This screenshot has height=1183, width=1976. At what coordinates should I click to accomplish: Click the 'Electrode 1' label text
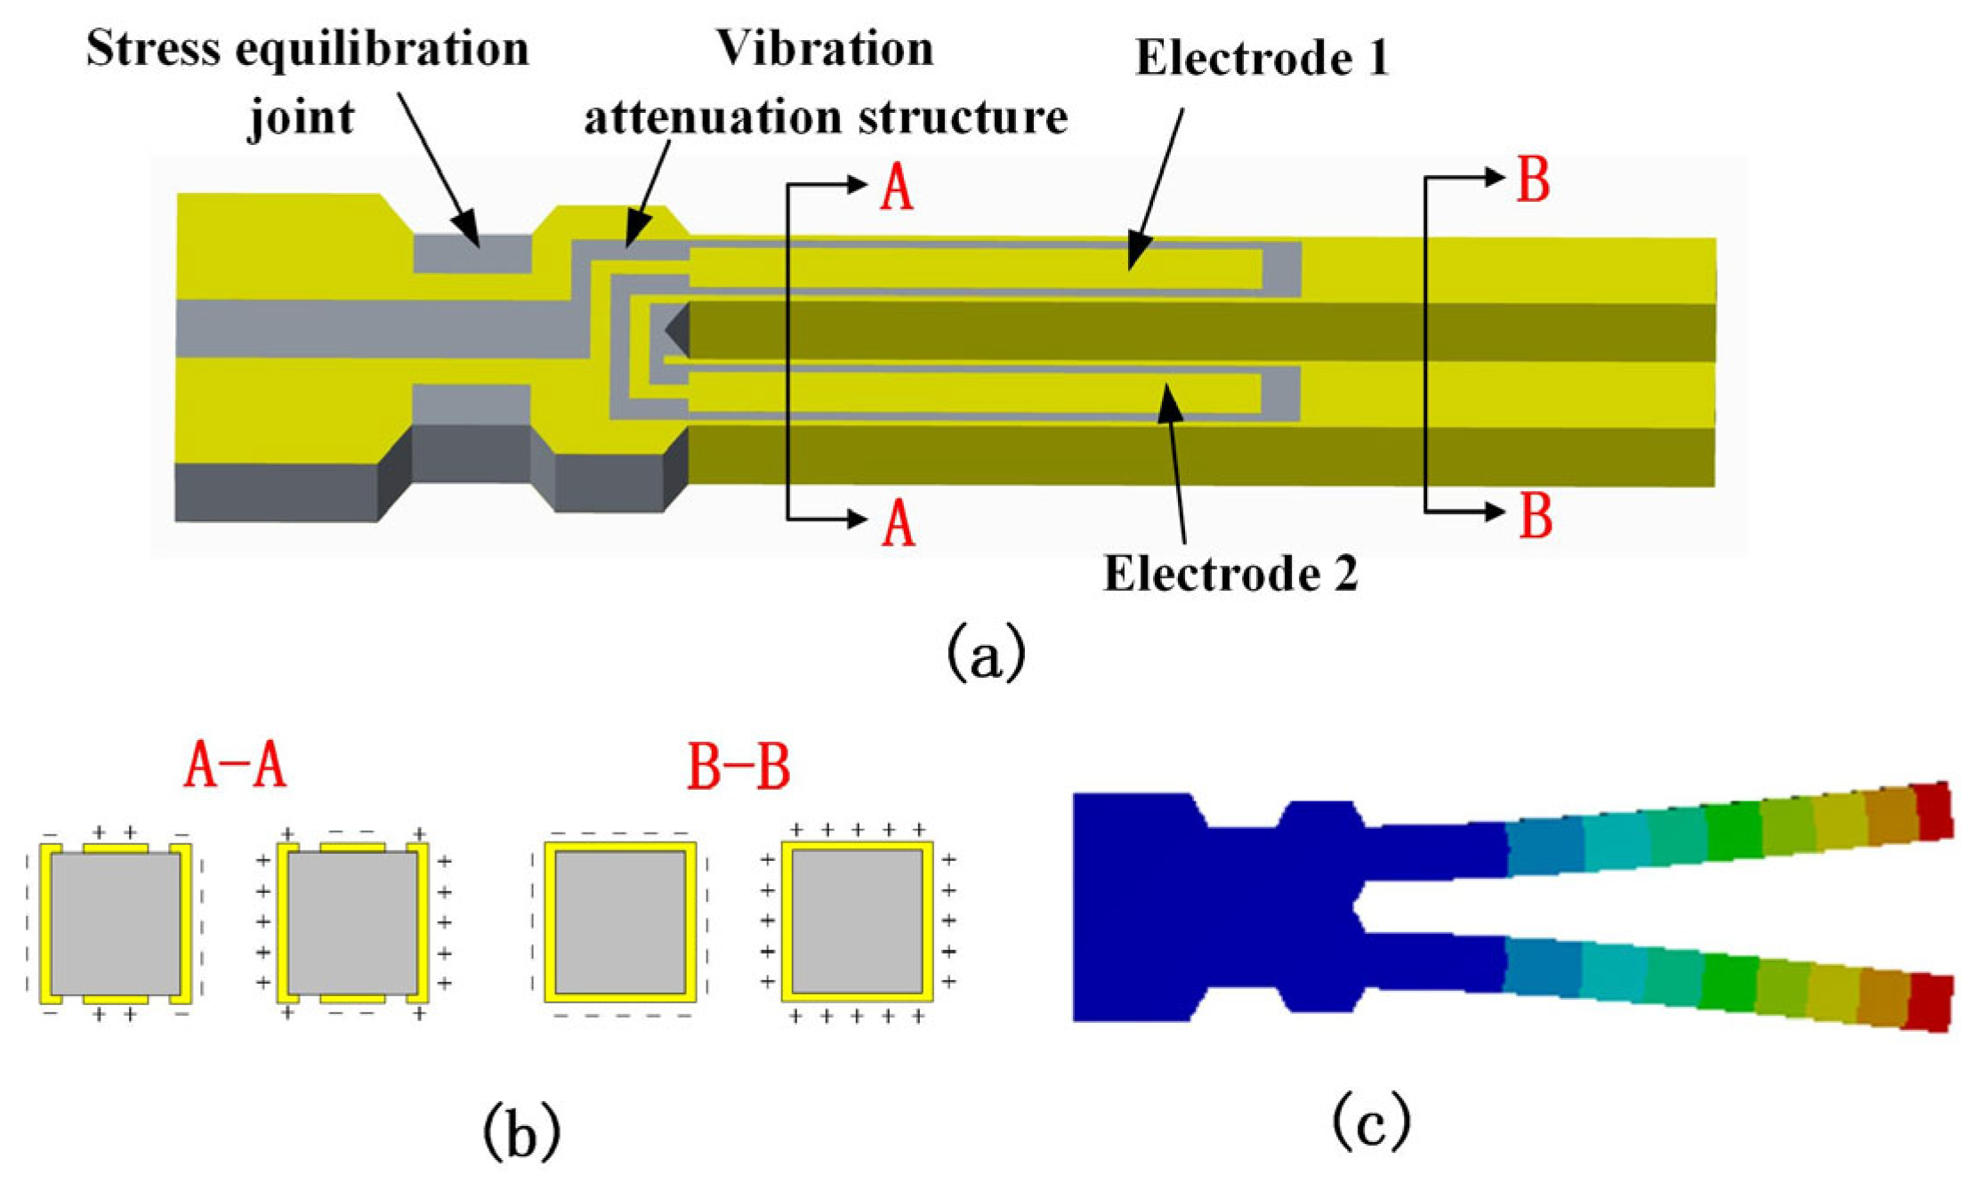click(1261, 59)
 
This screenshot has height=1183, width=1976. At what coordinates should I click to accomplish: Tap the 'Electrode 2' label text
click(1230, 574)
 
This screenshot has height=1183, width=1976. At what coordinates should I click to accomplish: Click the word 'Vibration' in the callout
click(826, 48)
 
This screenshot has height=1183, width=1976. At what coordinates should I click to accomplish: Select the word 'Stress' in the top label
click(152, 48)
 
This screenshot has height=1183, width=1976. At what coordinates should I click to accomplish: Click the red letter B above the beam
click(1532, 180)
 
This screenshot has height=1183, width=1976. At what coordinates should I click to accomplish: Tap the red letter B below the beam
click(1535, 516)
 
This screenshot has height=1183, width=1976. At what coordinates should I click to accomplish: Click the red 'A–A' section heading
click(235, 766)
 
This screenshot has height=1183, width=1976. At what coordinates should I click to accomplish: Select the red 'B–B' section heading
click(738, 768)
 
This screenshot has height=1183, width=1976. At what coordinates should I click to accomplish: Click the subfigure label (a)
click(985, 654)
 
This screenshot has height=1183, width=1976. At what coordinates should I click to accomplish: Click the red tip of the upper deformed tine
click(1932, 810)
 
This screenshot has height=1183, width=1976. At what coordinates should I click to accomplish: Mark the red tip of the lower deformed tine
click(1931, 1002)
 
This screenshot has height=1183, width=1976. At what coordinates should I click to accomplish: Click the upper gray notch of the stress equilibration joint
click(472, 253)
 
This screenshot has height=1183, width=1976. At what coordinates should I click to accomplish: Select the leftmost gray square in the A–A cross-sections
click(116, 923)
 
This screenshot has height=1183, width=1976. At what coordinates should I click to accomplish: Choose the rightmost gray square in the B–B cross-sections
click(857, 921)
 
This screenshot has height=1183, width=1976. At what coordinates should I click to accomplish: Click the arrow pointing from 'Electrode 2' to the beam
click(1175, 463)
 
